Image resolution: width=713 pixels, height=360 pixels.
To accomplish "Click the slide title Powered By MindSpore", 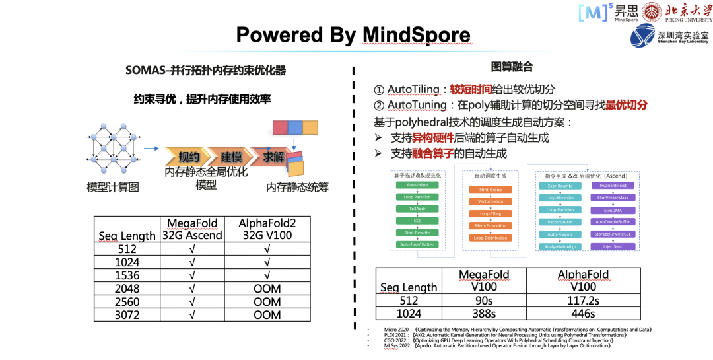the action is click(x=353, y=34).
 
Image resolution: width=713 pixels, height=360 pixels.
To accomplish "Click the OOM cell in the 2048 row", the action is click(x=267, y=288).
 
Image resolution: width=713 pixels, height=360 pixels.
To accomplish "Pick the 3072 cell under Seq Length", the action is click(x=127, y=315).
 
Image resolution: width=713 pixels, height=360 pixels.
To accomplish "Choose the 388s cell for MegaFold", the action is click(x=484, y=314).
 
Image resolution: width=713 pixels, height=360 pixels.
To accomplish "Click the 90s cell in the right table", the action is click(x=484, y=299).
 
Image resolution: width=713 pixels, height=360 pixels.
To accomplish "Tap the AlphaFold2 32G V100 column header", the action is click(x=267, y=229).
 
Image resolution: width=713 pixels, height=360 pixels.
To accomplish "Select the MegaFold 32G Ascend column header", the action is click(x=193, y=229).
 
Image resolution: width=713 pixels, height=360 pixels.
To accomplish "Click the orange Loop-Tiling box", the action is click(x=490, y=213).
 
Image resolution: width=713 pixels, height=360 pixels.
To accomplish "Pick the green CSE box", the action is click(x=417, y=221).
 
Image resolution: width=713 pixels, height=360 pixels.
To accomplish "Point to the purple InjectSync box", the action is click(x=613, y=246).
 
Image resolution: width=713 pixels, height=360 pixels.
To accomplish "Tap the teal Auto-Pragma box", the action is click(x=560, y=234).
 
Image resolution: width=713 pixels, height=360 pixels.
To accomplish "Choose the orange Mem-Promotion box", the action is click(x=490, y=225).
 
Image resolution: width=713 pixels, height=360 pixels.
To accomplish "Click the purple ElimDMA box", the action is click(x=613, y=210).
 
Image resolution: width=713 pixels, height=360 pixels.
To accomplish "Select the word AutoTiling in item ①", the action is click(x=413, y=89).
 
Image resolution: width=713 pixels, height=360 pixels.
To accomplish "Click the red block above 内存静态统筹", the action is click(x=280, y=127).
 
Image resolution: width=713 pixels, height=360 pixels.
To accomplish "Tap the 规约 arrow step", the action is click(x=189, y=157).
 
